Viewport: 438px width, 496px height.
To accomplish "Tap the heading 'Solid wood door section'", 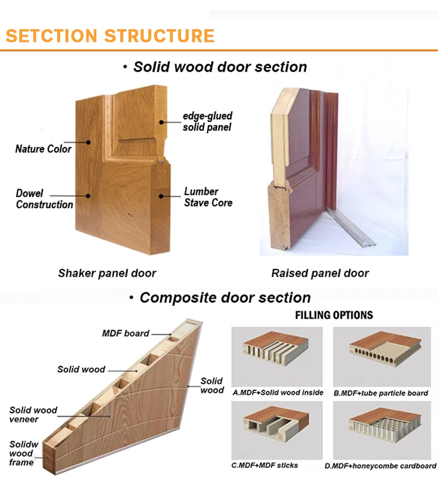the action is pos(220,67).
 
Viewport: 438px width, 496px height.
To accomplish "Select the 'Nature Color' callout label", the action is pos(43,148).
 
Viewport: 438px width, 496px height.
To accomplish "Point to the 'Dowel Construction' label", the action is pos(44,199).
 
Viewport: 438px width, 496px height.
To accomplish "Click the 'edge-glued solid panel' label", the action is pos(207,121).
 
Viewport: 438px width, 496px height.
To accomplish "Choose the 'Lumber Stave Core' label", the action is pos(208,197).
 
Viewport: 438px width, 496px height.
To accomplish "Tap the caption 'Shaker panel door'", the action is pos(107,273).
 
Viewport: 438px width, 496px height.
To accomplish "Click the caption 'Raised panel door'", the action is pos(320,273).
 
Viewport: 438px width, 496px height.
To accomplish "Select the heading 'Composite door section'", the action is pos(225,298).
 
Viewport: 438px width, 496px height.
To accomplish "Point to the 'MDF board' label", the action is pos(126,333).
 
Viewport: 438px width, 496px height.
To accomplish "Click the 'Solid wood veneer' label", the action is pos(33,414).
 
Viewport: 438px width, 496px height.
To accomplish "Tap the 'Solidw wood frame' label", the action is pos(23,453).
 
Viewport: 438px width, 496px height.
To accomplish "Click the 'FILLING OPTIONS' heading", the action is pos(333,315).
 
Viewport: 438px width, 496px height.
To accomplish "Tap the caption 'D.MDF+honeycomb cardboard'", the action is pos(380,466).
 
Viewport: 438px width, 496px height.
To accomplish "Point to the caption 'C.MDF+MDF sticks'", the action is pos(265,465).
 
